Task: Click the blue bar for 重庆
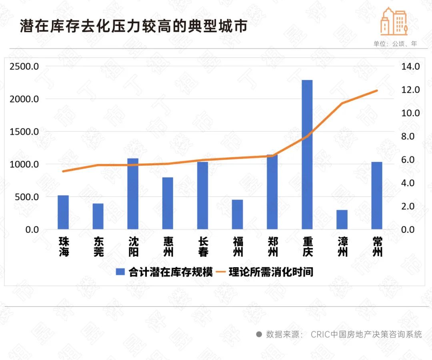coord(307,154)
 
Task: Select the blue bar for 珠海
coord(63,212)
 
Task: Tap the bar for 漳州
coord(342,220)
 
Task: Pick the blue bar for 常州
coord(377,195)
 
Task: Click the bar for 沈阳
coord(133,194)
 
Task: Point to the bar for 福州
coord(238,214)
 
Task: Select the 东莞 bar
coord(98,216)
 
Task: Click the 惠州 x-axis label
coord(168,247)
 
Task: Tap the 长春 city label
coord(203,247)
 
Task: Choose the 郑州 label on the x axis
coord(272,247)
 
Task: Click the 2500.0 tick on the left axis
coord(24,66)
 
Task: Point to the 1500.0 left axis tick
coord(24,132)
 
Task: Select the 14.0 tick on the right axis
coord(410,66)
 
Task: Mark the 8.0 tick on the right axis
coord(410,136)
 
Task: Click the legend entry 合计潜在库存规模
coord(164,272)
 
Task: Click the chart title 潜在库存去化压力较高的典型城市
coord(133,26)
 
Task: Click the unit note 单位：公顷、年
coord(395,44)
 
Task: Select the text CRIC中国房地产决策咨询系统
coord(366,334)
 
